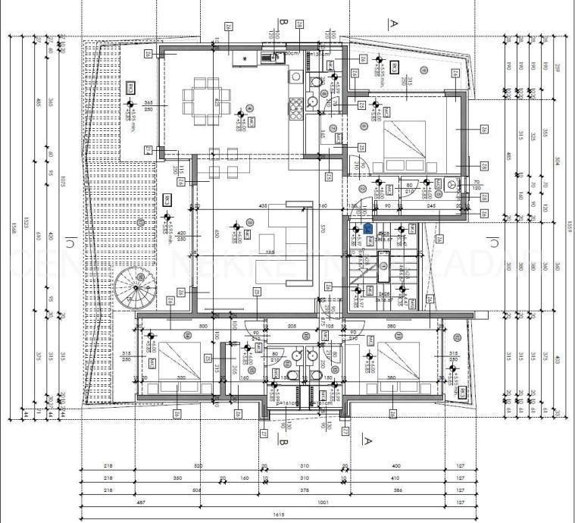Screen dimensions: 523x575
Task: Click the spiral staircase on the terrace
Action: click(x=135, y=287)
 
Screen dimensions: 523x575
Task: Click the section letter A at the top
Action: click(x=393, y=23)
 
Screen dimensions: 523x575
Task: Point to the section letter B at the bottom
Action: click(x=281, y=440)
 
